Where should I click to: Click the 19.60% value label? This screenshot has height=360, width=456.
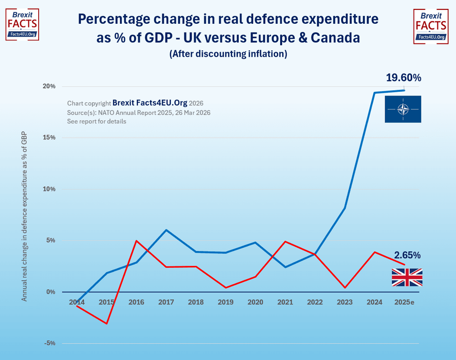(403, 78)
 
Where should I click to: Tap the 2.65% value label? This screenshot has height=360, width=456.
(407, 255)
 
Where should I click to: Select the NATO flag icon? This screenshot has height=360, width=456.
(402, 109)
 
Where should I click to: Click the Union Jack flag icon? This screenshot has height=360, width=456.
(407, 278)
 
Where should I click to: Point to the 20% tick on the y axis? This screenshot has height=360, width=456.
(50, 86)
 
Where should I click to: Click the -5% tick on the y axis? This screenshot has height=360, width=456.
(50, 343)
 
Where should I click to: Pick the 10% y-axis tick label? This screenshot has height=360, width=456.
(50, 189)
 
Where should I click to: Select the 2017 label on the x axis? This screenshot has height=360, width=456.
(166, 302)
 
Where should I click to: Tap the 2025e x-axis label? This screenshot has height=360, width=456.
(404, 302)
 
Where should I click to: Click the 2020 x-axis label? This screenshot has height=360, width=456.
(255, 302)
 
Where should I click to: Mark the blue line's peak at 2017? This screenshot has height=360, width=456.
(166, 230)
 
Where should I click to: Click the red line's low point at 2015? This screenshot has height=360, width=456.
(107, 323)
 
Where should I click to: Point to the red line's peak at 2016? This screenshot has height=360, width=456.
(136, 241)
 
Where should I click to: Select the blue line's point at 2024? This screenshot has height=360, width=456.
(375, 93)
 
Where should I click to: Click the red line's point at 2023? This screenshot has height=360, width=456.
(345, 288)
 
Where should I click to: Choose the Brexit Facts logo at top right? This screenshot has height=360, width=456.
(430, 26)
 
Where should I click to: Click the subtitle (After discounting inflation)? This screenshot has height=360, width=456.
(228, 54)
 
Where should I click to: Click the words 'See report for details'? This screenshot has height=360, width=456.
(96, 122)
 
